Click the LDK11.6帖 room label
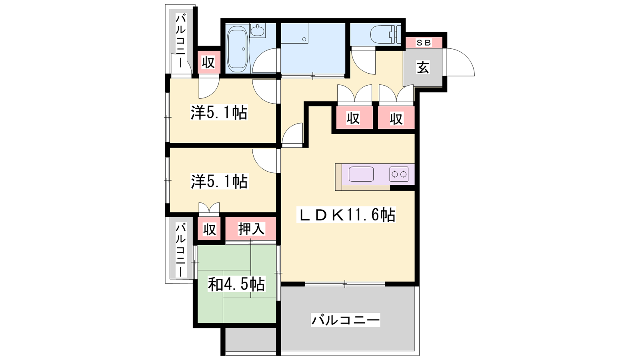(x=346, y=215)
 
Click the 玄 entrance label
(x=423, y=68)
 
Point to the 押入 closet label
(x=252, y=228)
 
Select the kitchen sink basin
(x=361, y=174)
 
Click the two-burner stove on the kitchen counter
(x=399, y=174)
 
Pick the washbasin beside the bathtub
(x=258, y=30)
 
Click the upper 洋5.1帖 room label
(x=219, y=112)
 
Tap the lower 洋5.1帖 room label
(x=219, y=181)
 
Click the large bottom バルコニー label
(x=346, y=320)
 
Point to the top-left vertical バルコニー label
(x=180, y=42)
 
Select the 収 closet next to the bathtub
(x=208, y=62)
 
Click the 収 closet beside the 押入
(x=210, y=229)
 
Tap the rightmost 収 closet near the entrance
(x=396, y=118)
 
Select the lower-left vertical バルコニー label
(x=180, y=250)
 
